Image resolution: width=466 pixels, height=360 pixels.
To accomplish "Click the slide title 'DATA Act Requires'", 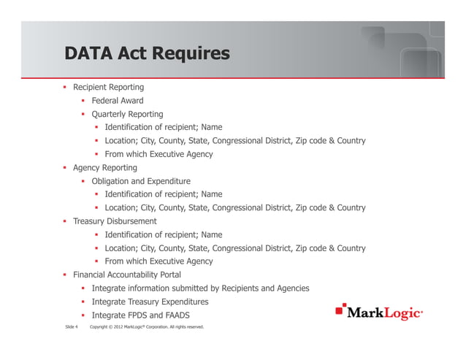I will pyautogui.click(x=146, y=53).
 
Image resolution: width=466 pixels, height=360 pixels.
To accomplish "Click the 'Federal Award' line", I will pyautogui.click(x=118, y=101).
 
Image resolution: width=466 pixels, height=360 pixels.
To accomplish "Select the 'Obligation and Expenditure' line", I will pyautogui.click(x=141, y=181).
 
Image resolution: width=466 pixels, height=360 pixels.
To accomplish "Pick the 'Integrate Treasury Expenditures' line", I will pyautogui.click(x=150, y=302).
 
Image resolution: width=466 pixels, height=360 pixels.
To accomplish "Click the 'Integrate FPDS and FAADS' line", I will pyautogui.click(x=138, y=315).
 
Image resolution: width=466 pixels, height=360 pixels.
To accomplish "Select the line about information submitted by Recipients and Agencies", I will pyautogui.click(x=200, y=288).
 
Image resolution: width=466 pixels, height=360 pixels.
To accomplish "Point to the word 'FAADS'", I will pyautogui.click(x=171, y=315).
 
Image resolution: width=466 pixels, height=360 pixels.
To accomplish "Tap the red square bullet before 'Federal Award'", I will pyautogui.click(x=83, y=101).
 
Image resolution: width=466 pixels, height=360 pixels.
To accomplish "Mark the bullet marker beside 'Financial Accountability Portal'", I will pyautogui.click(x=65, y=275).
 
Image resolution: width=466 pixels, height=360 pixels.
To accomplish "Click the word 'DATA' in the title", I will pyautogui.click(x=87, y=53).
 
